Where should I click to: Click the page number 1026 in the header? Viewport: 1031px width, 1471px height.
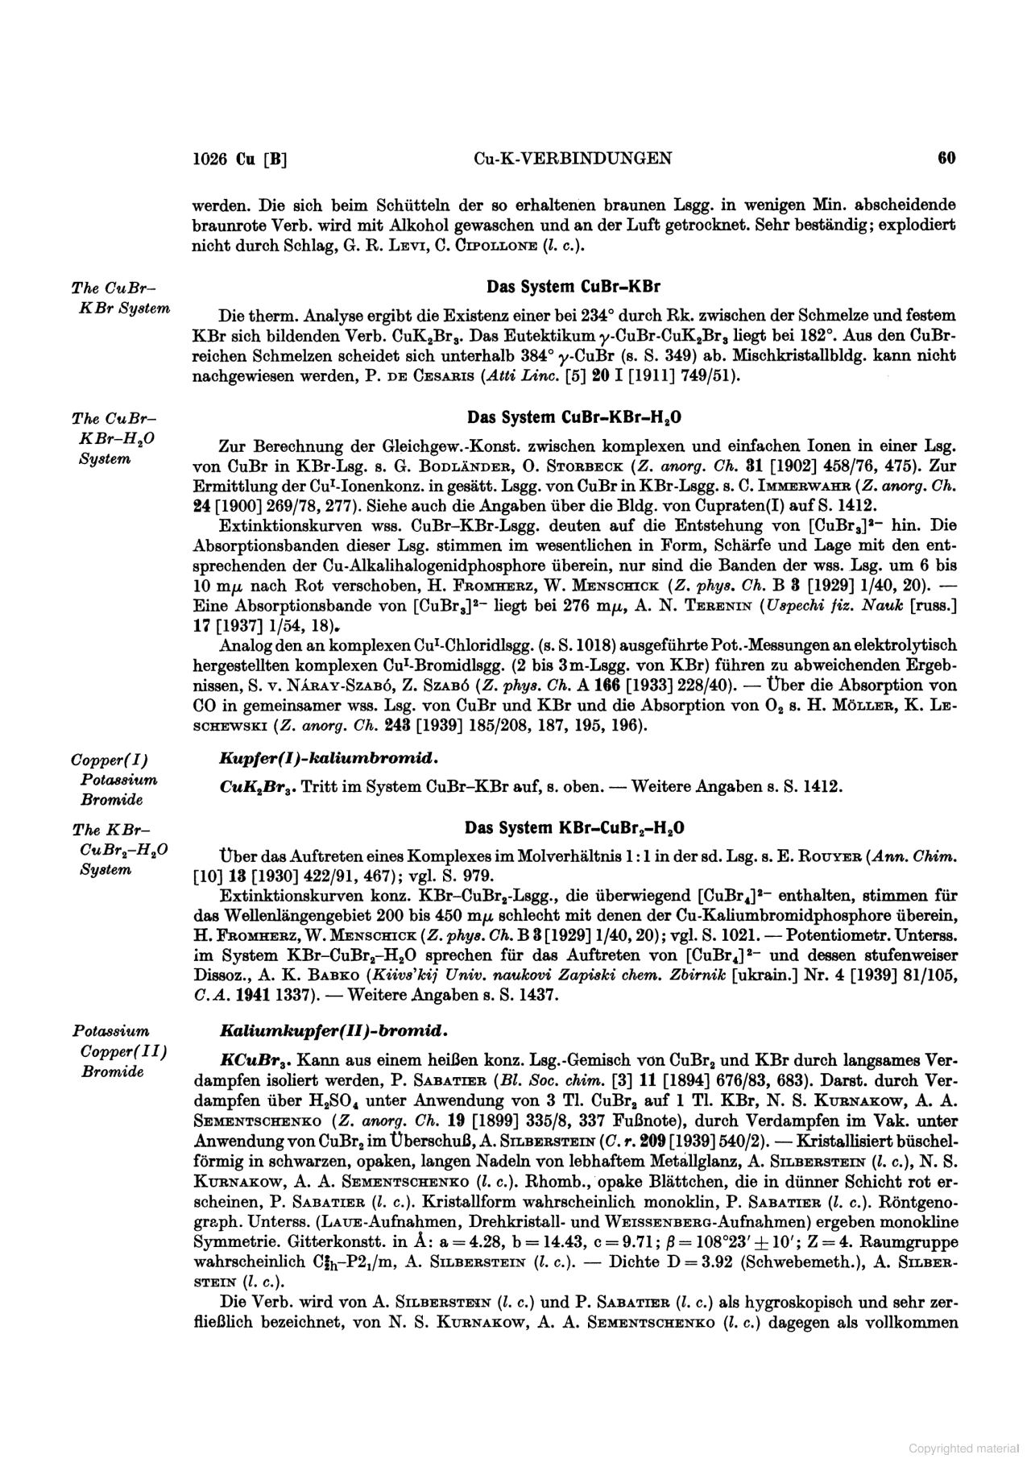tap(211, 159)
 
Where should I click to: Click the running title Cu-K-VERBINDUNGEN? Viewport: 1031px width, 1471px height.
tap(573, 159)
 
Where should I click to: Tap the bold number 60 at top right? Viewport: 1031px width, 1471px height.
tap(946, 158)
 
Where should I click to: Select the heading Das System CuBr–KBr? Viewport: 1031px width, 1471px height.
tap(573, 287)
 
